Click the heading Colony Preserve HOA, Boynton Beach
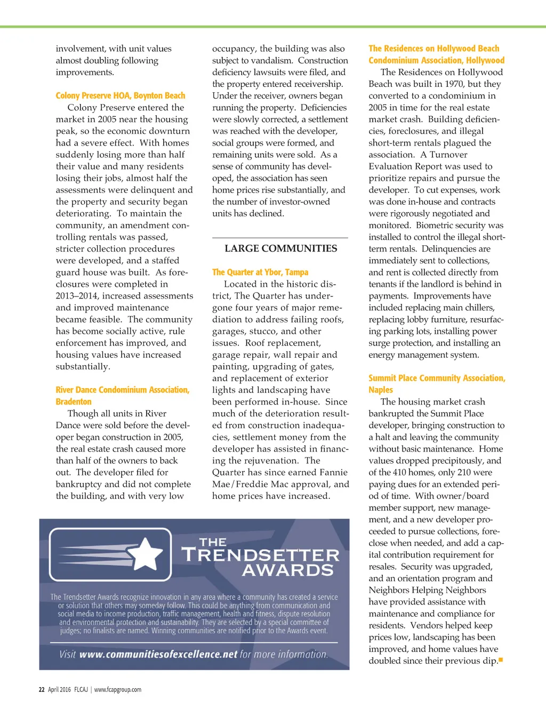(x=121, y=96)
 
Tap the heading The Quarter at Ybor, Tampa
(x=260, y=272)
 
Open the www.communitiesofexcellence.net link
(x=158, y=654)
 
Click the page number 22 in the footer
(x=42, y=689)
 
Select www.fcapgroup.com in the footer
(x=118, y=689)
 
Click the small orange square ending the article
(x=501, y=660)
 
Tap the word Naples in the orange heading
(x=381, y=390)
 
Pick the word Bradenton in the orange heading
(x=74, y=402)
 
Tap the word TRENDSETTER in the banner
(x=261, y=555)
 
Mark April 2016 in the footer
(x=59, y=689)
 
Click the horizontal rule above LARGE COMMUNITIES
(x=280, y=237)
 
